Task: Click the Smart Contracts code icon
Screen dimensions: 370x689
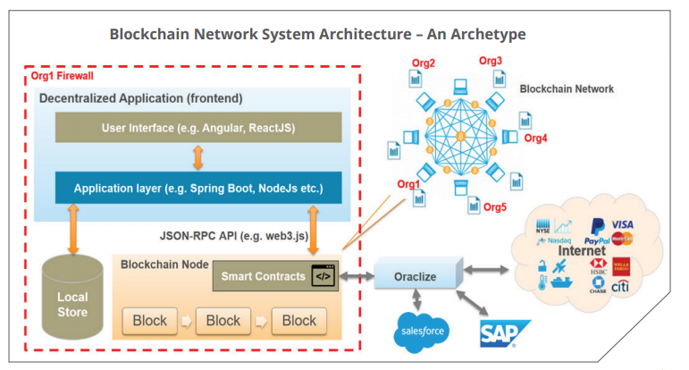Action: [321, 276]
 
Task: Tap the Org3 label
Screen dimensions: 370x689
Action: [491, 61]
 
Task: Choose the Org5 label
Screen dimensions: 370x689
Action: [495, 208]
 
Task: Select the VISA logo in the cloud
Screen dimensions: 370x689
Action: [623, 224]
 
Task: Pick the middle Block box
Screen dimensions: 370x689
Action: [223, 320]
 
